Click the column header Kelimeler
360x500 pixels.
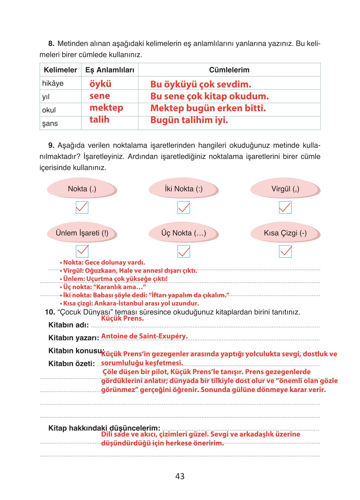click(x=60, y=70)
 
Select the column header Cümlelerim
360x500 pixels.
click(x=229, y=70)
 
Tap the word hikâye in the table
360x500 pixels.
click(x=53, y=83)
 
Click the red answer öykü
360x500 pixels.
click(x=100, y=84)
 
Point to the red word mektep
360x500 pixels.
click(x=106, y=108)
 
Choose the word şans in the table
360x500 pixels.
click(x=50, y=124)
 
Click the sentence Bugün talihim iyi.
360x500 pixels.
click(x=189, y=120)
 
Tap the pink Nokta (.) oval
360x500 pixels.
click(x=82, y=189)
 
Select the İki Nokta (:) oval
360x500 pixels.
click(x=183, y=189)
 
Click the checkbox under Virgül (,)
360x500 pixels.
click(x=285, y=207)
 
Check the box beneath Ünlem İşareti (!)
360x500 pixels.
click(x=82, y=251)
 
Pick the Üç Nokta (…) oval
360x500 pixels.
click(x=183, y=233)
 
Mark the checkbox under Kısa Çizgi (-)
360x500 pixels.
click(x=285, y=251)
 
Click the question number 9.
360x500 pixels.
click(x=51, y=146)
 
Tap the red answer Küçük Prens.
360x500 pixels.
click(x=122, y=318)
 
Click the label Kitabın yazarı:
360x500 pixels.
click(x=73, y=338)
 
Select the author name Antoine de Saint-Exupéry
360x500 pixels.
click(x=144, y=336)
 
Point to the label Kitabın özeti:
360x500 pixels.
click(x=71, y=364)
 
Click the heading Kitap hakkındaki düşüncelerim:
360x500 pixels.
click(x=104, y=428)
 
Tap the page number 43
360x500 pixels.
click(x=180, y=476)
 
